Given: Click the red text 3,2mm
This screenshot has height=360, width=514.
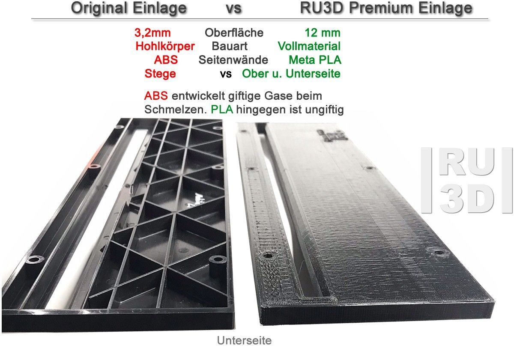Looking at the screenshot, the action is pos(152,33).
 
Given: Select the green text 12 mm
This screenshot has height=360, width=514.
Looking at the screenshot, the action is pos(323,33).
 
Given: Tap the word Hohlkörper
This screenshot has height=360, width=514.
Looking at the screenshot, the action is pos(165,46).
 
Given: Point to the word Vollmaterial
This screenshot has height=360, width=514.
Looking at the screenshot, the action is pos(309,46).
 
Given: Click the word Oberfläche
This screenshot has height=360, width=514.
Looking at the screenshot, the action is pos(234,33).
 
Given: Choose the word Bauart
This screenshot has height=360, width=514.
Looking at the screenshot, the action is pos(230,46).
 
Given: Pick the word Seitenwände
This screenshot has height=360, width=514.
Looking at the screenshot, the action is pos(233,60).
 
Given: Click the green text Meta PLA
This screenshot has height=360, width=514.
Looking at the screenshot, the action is pos(315,60).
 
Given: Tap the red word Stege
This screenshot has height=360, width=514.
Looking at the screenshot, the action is pos(160,74).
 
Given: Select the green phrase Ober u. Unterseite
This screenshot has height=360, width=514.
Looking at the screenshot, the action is pos(291,74).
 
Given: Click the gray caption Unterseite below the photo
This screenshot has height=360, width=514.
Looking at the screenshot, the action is pos(245,340).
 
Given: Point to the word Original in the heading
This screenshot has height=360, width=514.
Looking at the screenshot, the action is pos(99,9).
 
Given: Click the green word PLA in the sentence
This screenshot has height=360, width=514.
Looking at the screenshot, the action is pos(222,110).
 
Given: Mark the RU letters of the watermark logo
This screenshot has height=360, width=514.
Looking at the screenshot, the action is pos(468,164).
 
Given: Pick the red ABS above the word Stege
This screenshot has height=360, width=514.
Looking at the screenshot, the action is pos(166,60).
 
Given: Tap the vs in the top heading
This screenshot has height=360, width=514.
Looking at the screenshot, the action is pos(234,9).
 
